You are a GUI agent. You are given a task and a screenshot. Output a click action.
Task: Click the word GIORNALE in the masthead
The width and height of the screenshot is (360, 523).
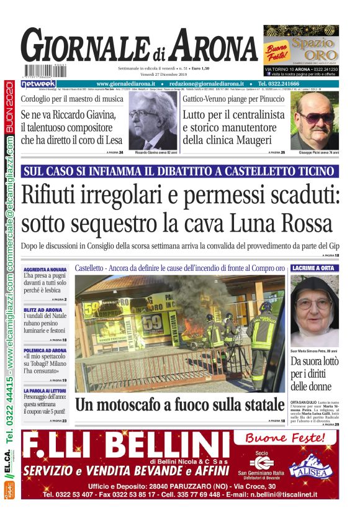pyautogui.click(x=84, y=48)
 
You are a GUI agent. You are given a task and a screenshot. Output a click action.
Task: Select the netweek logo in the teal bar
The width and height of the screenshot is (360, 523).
pyautogui.click(x=38, y=84)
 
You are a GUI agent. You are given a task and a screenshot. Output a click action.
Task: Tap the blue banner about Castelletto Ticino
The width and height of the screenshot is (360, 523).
pyautogui.click(x=179, y=171)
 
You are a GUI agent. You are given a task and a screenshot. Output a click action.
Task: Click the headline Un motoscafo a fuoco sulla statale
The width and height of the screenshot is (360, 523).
pyautogui.click(x=179, y=405)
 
